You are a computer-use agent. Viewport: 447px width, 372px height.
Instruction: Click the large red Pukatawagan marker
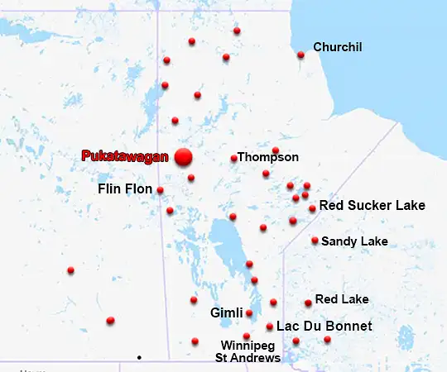click(183, 156)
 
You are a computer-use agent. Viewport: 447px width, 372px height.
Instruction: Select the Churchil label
click(338, 47)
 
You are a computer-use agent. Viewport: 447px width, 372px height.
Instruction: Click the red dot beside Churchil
click(300, 55)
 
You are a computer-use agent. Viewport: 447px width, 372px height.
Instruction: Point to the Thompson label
click(269, 157)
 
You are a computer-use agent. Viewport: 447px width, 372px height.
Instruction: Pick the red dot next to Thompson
click(234, 158)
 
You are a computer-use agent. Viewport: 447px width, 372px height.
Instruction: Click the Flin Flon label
click(125, 189)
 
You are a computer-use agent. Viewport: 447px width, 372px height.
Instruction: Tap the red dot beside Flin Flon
click(160, 190)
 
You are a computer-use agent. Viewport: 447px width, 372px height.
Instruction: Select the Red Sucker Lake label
click(372, 205)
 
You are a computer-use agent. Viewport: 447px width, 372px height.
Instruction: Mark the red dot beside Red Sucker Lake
click(312, 208)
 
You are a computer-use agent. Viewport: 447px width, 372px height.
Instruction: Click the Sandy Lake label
click(354, 241)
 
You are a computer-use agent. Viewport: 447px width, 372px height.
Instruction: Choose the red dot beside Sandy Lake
click(315, 241)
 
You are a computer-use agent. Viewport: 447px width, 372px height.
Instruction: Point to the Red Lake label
click(342, 298)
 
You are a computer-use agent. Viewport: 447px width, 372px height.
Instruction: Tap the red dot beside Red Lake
click(308, 303)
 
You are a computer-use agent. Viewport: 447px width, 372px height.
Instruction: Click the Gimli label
click(226, 313)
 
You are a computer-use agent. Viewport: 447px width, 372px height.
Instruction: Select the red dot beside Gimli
click(249, 313)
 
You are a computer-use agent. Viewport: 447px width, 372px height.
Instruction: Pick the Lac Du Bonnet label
click(324, 327)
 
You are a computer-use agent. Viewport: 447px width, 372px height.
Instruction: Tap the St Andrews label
click(248, 358)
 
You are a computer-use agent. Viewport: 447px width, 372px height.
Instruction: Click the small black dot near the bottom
click(139, 357)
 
